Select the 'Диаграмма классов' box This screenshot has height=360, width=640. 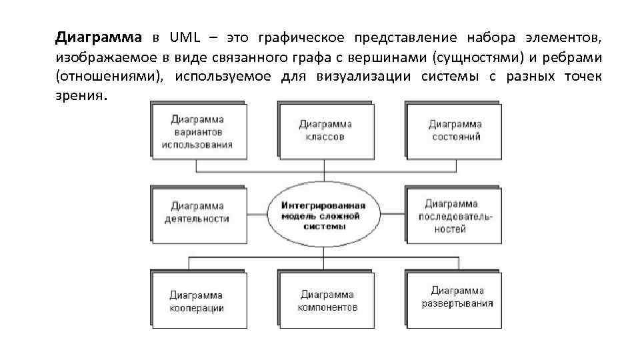point(325,130)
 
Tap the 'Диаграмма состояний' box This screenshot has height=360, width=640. point(455,130)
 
